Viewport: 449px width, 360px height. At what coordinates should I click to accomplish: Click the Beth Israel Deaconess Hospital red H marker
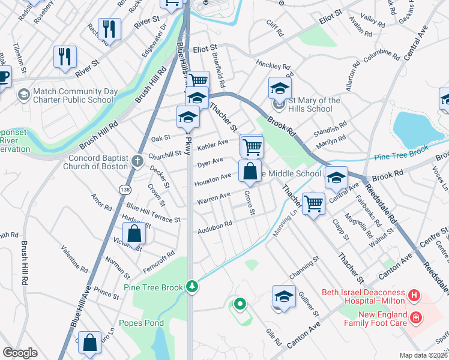(x=414, y=295)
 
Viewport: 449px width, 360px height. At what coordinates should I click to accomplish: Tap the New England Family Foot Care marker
(x=414, y=317)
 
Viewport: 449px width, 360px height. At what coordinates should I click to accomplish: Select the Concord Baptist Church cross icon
(x=137, y=161)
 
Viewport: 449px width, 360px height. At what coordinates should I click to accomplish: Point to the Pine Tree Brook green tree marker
(x=191, y=287)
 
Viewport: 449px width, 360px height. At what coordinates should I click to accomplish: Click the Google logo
(x=20, y=352)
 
